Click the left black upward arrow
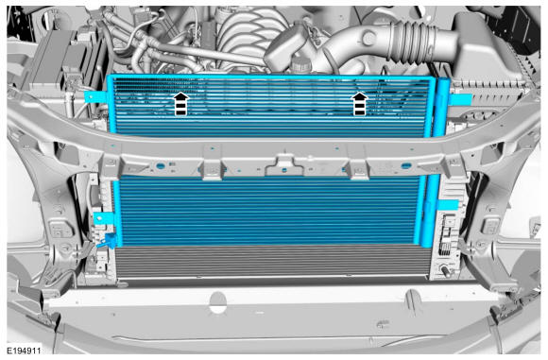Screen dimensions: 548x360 (x=181, y=103)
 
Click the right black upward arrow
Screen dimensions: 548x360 (x=359, y=103)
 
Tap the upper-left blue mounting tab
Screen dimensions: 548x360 (x=95, y=96)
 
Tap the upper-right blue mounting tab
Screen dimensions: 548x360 (x=460, y=99)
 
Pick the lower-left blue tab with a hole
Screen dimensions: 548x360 (x=104, y=219)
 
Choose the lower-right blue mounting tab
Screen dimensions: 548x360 (x=448, y=205)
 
